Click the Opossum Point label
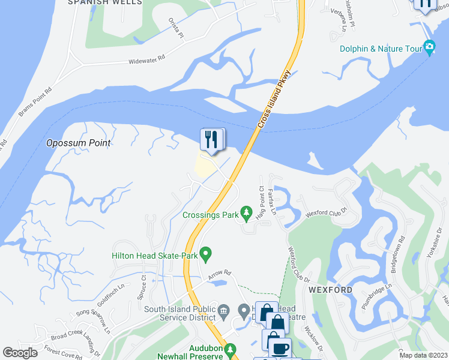pos(79,143)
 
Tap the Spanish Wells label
pos(105,2)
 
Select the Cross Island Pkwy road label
pos(274,99)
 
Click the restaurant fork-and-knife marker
pos(211,139)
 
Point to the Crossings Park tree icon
pos(246,212)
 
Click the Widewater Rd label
pos(147,61)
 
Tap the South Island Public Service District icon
pos(224,310)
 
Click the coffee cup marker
pos(279,349)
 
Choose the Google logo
pos(20,353)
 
